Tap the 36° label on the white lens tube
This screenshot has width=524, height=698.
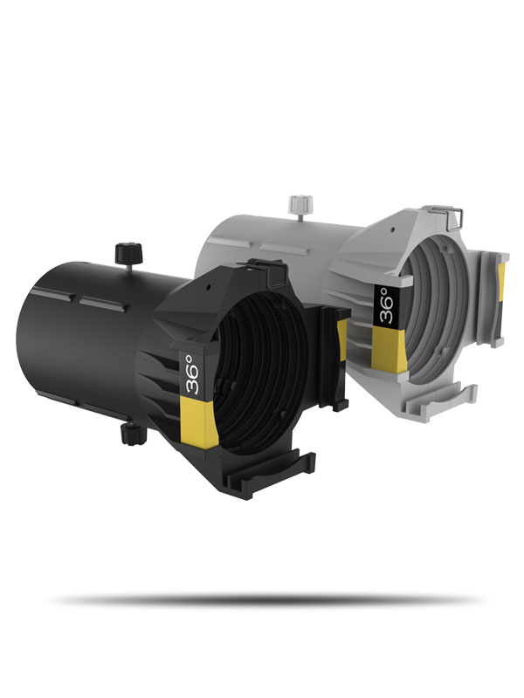(385, 305)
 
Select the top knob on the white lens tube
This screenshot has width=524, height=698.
(300, 203)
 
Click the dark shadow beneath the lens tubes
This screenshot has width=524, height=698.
(262, 600)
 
